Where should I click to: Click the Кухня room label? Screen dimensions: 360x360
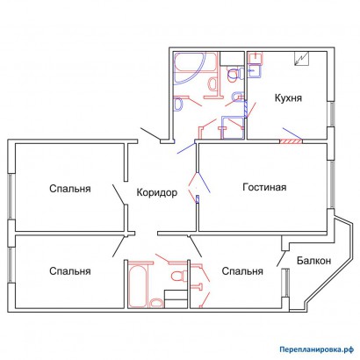(288, 97)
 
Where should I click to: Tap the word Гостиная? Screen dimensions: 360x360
(264, 187)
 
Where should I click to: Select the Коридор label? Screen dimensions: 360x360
(157, 192)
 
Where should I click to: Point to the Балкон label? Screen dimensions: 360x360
(313, 260)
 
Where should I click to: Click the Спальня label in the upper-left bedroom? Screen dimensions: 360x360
(70, 189)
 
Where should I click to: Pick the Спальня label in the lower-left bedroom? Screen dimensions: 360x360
(70, 271)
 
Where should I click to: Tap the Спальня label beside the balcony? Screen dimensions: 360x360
(242, 271)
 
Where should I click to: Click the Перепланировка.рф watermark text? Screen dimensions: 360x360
(317, 349)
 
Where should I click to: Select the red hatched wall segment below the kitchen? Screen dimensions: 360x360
(291, 141)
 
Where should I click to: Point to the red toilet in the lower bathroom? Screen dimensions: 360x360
(179, 276)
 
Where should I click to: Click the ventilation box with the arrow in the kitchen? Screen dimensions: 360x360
(302, 58)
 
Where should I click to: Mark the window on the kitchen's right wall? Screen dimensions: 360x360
(331, 114)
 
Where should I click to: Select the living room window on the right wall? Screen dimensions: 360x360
(331, 184)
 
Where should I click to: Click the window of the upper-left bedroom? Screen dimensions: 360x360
(11, 196)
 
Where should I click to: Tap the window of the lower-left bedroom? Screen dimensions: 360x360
(11, 265)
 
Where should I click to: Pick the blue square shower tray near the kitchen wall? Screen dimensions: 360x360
(233, 127)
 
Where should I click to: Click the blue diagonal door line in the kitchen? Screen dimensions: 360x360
(292, 133)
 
